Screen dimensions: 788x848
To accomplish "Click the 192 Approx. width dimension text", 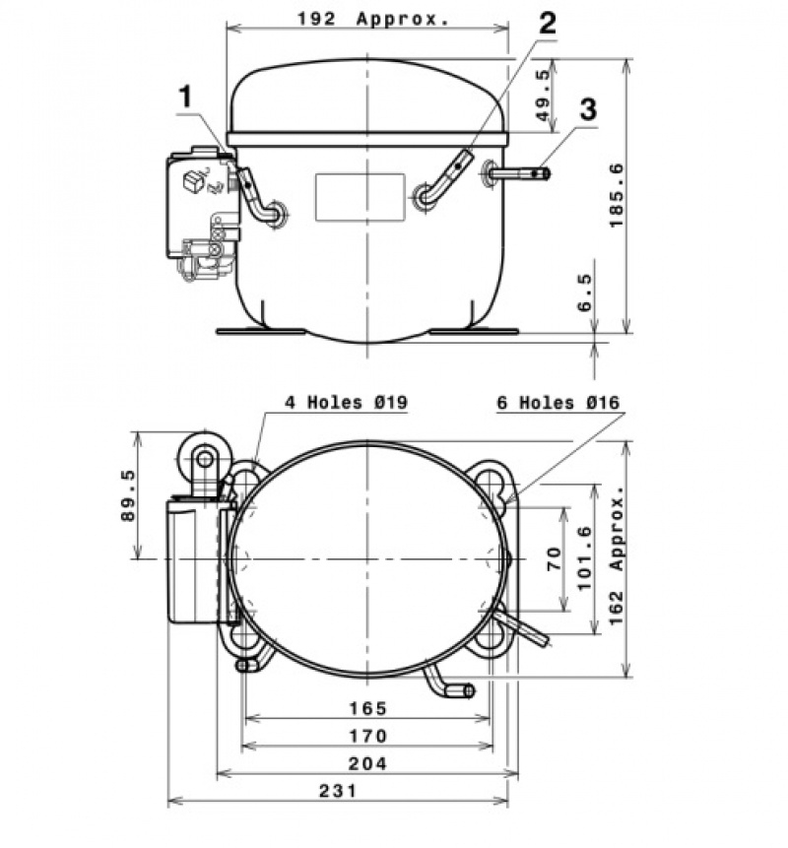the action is [x=373, y=19].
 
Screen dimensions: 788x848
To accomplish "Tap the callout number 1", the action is [x=185, y=98].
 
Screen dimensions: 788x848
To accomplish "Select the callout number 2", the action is [x=547, y=24].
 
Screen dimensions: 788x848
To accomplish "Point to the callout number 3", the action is [x=588, y=108].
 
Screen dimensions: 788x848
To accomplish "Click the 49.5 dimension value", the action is [x=544, y=95].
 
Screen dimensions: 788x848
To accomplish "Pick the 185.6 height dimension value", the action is [x=616, y=195].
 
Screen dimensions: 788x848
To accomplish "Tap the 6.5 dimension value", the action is [x=585, y=293].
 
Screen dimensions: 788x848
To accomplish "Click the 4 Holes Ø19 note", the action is [x=346, y=402].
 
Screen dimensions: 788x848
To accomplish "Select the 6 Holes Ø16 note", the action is [x=558, y=403].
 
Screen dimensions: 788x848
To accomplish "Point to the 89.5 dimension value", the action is [x=128, y=495].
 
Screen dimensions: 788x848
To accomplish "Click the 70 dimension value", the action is [x=555, y=559].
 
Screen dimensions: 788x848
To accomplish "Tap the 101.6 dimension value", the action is [x=585, y=558].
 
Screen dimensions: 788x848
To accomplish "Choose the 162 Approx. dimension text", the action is [x=616, y=555].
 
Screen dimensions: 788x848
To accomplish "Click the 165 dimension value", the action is [x=367, y=708].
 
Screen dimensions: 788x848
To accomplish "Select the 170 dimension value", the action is [x=367, y=736].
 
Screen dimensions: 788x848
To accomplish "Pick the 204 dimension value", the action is [x=367, y=763].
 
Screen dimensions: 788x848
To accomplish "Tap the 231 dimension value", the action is [x=338, y=791].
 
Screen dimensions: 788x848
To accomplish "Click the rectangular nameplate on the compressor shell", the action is [x=361, y=197].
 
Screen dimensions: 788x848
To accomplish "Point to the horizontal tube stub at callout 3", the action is [x=520, y=173].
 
